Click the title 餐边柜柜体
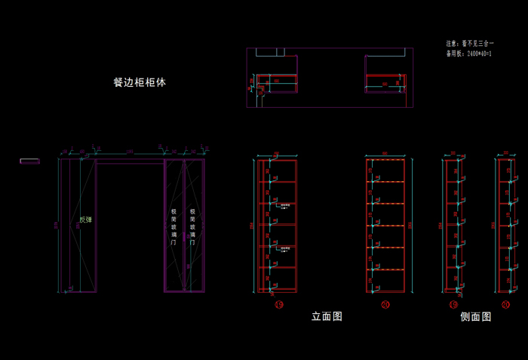[140, 82]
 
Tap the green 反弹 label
[86, 220]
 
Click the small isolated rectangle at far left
[29, 161]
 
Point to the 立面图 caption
[327, 316]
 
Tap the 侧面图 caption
[475, 317]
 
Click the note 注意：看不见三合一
[470, 45]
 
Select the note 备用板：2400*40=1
[469, 54]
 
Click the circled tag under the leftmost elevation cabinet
[278, 305]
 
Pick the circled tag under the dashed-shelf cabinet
[385, 305]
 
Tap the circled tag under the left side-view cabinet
[453, 305]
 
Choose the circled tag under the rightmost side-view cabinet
[505, 305]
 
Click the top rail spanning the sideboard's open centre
[130, 161]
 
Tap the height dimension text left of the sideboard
[55, 224]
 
